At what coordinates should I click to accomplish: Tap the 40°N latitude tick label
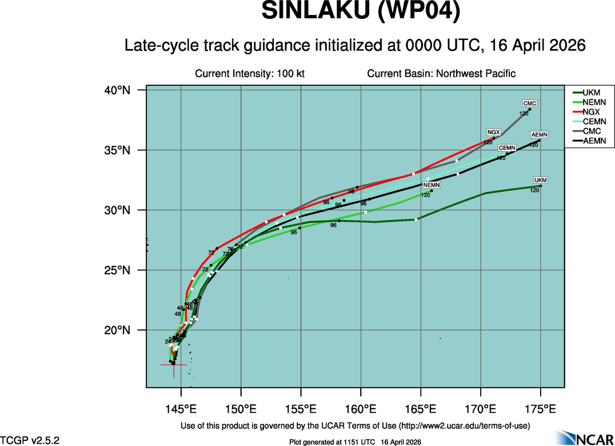(117, 90)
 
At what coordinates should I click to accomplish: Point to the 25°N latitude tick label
(117, 270)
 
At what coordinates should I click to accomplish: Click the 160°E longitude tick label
(361, 409)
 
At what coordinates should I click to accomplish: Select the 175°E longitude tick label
(540, 409)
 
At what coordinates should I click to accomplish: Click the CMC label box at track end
(530, 103)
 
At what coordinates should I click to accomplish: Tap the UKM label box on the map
(540, 181)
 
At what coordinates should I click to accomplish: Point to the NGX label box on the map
(493, 132)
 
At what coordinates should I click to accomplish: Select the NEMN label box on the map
(432, 185)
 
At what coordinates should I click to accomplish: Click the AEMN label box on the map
(540, 135)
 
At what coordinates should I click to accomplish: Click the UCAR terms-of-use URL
(464, 426)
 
